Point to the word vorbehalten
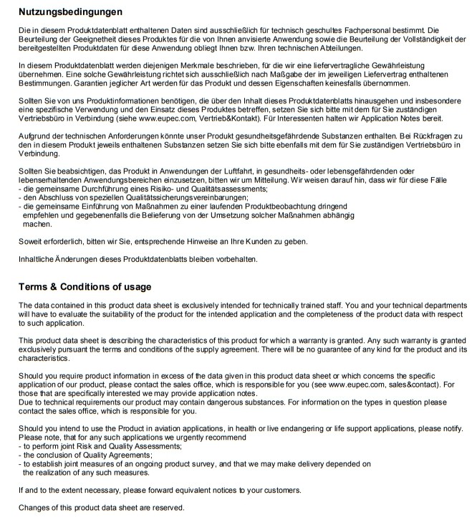[233, 258]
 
